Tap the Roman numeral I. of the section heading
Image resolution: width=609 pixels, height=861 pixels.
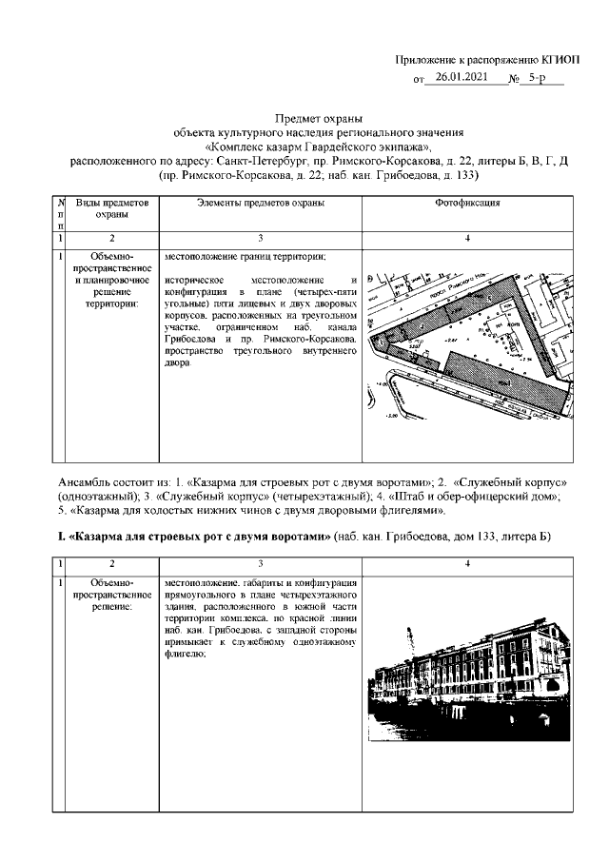(x=64, y=538)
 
